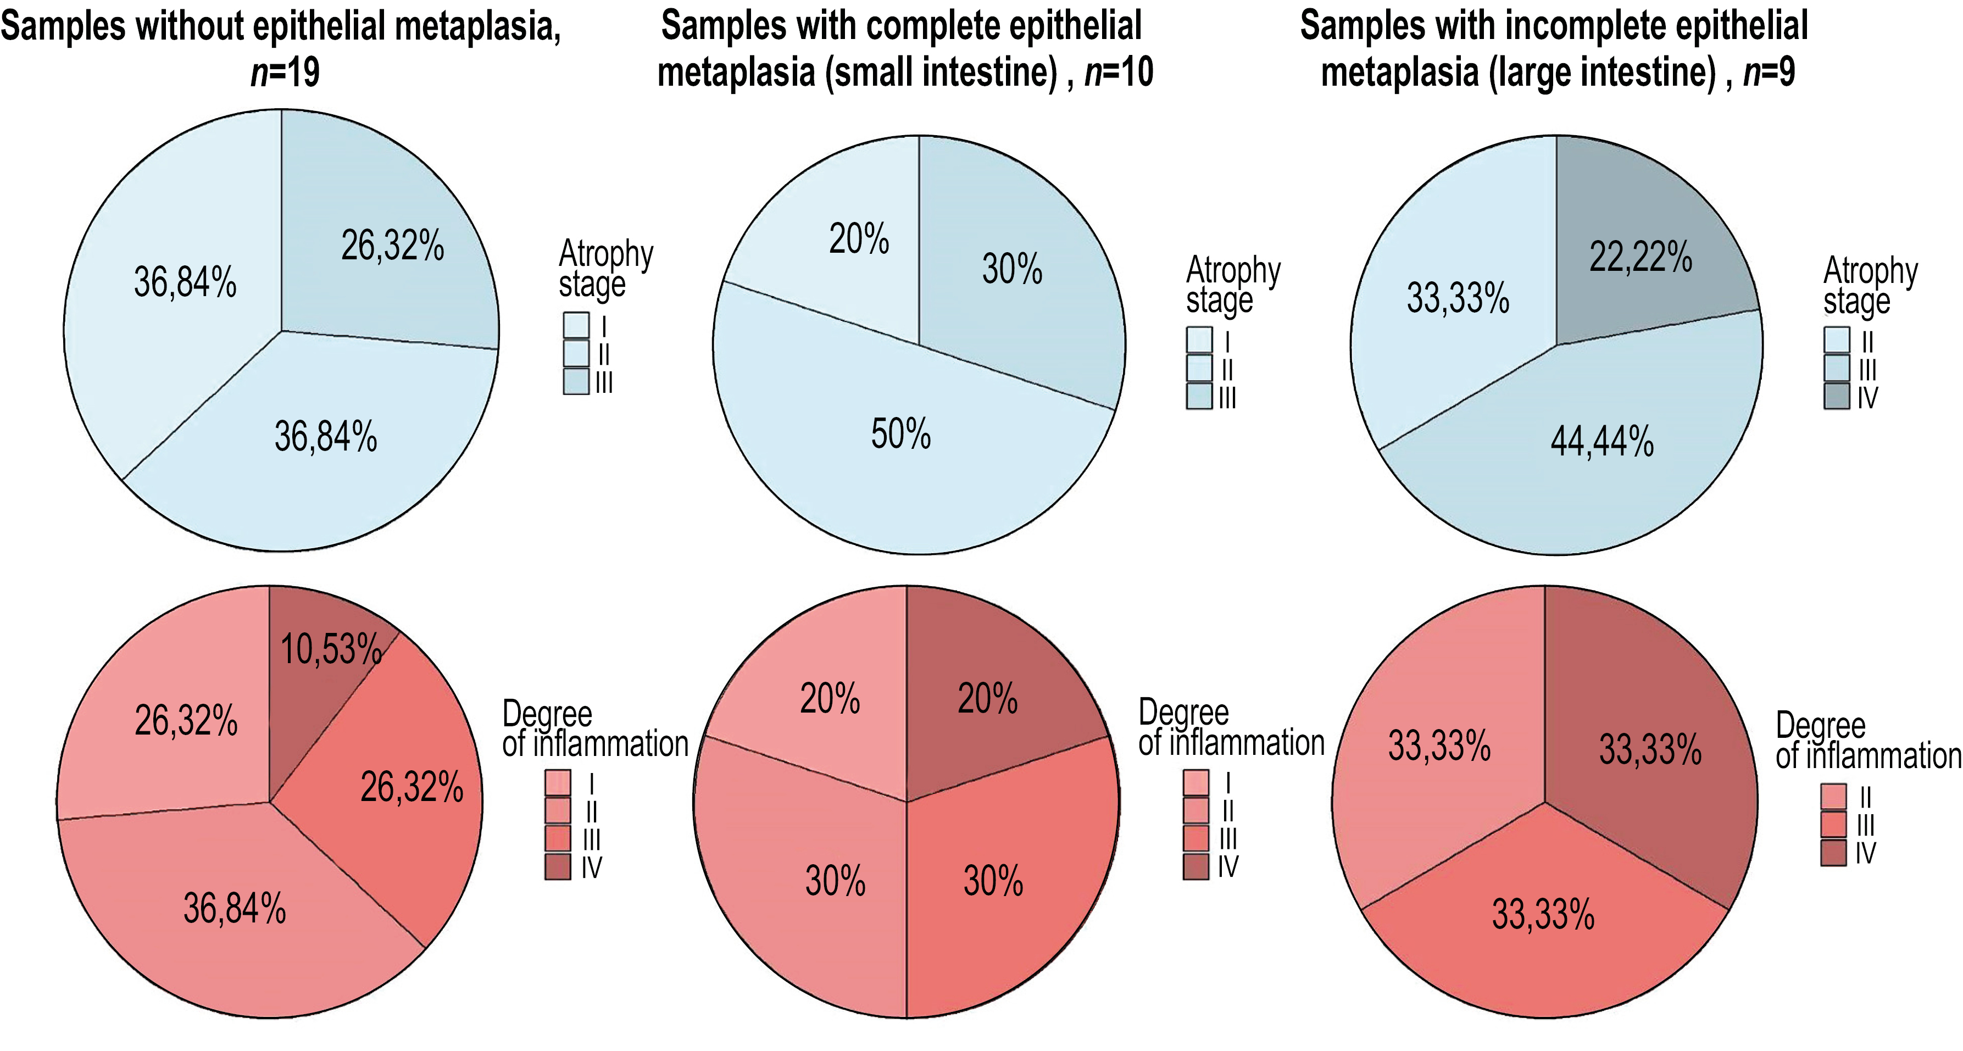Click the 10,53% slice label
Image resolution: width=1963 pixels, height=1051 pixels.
[x=331, y=649]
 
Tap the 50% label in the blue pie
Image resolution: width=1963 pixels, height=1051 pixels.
[x=900, y=433]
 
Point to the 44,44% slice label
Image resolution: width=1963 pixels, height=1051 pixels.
[x=1602, y=441]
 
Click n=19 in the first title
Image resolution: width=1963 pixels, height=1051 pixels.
[x=285, y=73]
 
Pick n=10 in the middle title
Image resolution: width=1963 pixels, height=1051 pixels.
[x=1119, y=73]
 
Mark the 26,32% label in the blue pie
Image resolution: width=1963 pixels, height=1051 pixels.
[x=392, y=246]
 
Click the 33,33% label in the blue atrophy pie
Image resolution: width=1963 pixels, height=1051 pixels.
[x=1457, y=297]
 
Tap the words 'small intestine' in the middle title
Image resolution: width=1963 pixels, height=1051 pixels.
[x=941, y=73]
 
